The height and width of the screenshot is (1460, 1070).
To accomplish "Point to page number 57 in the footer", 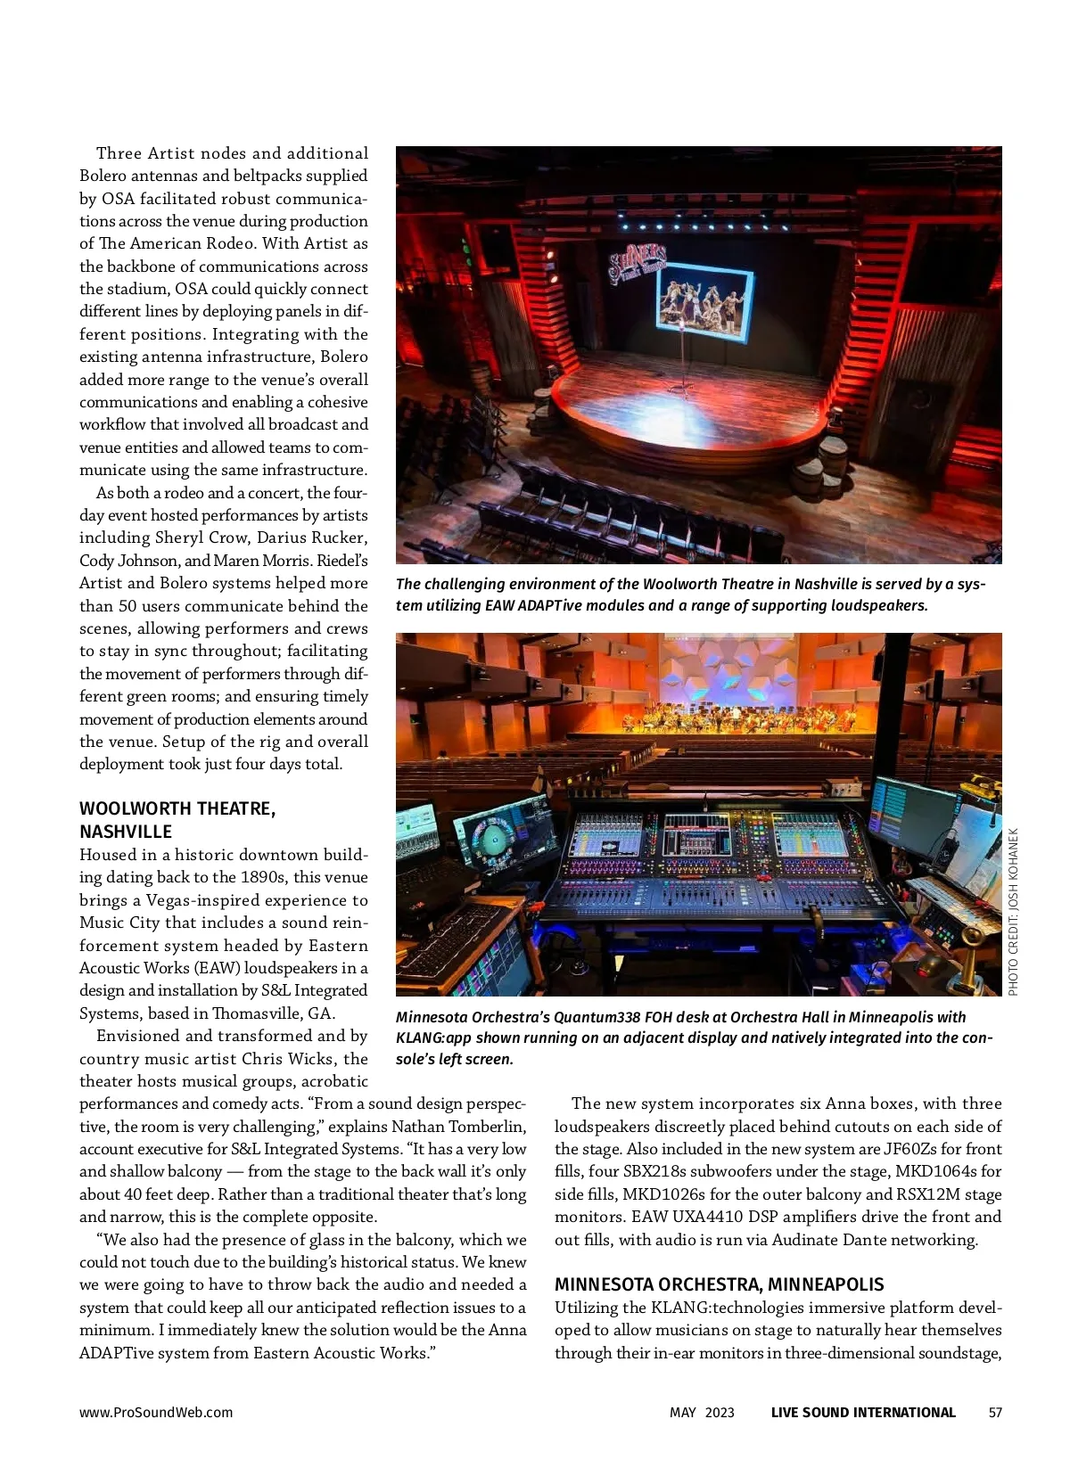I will [x=995, y=1412].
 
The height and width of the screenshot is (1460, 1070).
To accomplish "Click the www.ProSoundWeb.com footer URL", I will [x=156, y=1412].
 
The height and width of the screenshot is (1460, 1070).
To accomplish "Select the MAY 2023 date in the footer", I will [x=702, y=1412].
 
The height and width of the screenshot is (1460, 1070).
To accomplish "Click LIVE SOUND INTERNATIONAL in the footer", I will [x=862, y=1412].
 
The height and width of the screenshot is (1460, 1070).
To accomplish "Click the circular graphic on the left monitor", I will [x=491, y=837].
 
